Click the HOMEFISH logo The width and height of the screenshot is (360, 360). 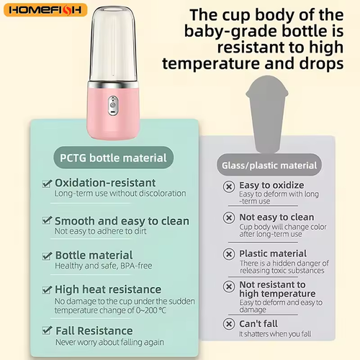[x=45, y=11]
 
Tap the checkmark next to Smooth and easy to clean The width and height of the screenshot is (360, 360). [x=47, y=221]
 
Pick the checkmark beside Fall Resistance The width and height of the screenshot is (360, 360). [x=47, y=330]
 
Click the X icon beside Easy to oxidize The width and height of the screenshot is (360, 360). [x=228, y=186]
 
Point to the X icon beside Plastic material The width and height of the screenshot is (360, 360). [x=228, y=253]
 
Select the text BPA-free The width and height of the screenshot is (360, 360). [x=136, y=266]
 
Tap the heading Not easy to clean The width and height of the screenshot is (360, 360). [x=276, y=217]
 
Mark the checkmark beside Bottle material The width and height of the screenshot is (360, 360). [x=47, y=256]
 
